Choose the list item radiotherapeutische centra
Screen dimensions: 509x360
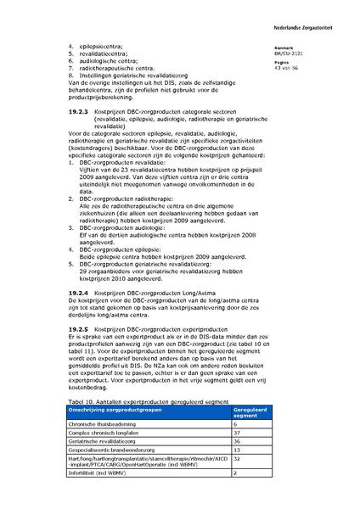point(118,68)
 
